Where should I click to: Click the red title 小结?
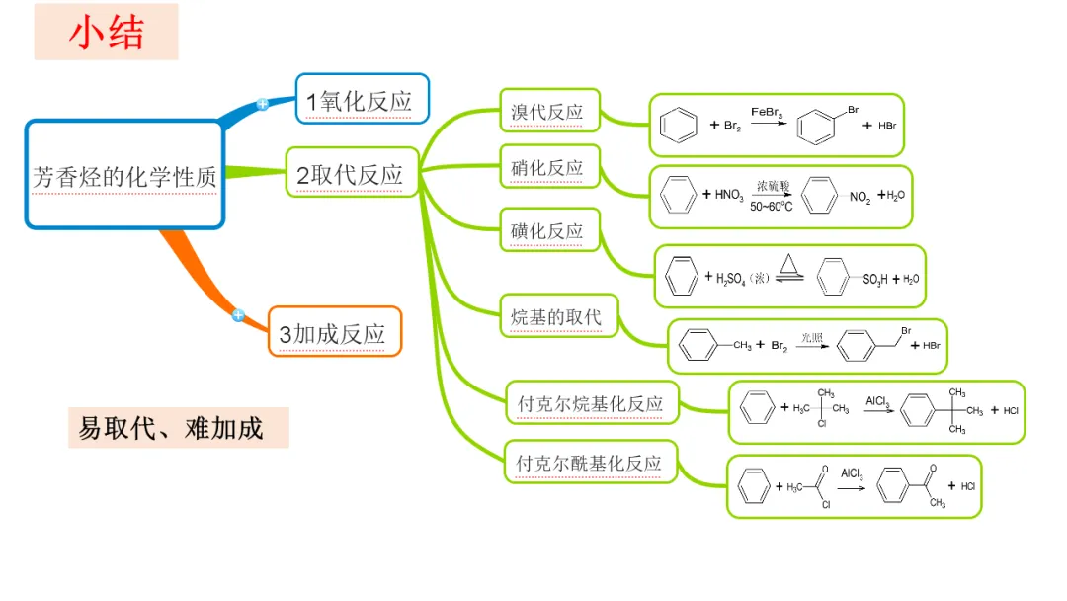(106, 33)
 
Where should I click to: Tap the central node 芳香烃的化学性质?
(124, 176)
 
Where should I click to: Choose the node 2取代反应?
(351, 175)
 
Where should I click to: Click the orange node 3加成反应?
(334, 333)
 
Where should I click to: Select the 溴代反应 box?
(547, 111)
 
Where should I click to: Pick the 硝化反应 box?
(547, 168)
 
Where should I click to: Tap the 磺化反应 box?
(547, 231)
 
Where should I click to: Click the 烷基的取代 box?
(557, 317)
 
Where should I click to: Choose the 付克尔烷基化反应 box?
(591, 403)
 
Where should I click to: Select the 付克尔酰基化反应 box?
(590, 463)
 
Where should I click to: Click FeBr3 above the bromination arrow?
(768, 114)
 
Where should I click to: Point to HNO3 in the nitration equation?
(730, 195)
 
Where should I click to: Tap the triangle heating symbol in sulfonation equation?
(788, 264)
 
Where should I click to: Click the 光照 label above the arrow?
(812, 336)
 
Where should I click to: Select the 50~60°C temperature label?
(772, 207)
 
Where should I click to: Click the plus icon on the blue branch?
(263, 104)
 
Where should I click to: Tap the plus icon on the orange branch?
(238, 315)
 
